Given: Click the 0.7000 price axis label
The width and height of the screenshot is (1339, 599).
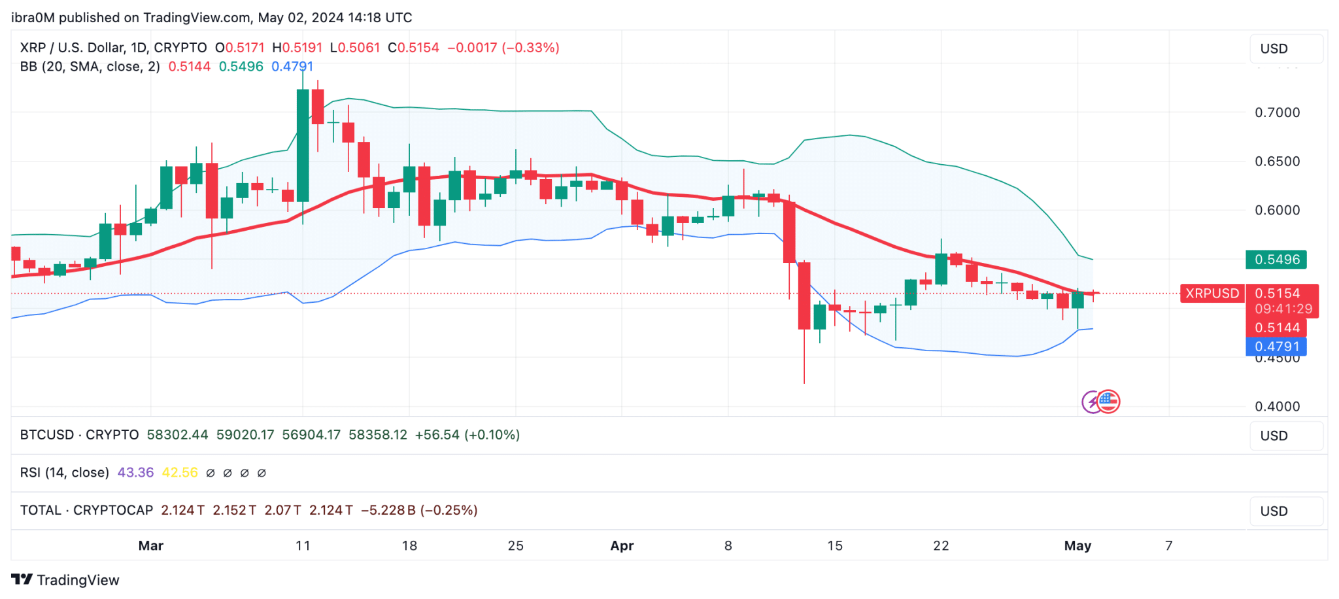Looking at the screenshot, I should click(1277, 112).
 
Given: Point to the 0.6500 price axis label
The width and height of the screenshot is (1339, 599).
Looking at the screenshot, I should click(1277, 162).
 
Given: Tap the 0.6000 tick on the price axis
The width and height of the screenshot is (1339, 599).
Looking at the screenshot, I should click(1277, 211).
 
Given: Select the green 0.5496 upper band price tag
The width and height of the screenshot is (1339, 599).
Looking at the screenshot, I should click(1276, 260).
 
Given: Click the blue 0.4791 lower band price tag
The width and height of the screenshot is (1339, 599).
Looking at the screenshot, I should click(1276, 347).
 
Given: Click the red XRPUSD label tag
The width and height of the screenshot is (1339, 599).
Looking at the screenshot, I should click(1212, 294).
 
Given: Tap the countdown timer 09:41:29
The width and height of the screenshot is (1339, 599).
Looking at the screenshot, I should click(1283, 309).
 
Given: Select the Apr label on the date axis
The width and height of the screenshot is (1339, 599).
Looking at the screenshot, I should click(622, 545).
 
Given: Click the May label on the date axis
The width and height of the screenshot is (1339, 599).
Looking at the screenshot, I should click(1077, 545).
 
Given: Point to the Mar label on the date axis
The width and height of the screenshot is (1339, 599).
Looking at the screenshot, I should click(151, 545).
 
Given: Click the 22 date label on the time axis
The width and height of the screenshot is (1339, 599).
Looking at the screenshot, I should click(941, 545).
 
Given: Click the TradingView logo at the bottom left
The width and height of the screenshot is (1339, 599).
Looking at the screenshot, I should click(65, 580).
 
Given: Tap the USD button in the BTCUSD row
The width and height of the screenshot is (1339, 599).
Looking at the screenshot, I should click(1286, 436).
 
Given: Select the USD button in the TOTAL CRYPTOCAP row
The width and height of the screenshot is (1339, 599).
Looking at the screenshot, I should click(1286, 511).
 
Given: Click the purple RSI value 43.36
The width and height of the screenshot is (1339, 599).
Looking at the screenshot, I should click(135, 473).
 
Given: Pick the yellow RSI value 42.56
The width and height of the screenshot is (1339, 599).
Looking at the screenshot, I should click(180, 473).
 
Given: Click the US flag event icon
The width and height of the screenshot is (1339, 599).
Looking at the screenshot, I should click(1108, 402).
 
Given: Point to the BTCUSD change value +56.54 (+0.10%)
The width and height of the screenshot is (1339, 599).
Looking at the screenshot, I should click(467, 435).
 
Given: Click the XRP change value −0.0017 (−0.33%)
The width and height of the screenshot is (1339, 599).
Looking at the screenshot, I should click(503, 48).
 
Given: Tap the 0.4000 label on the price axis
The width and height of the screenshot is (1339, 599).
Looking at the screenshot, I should click(1277, 407).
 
